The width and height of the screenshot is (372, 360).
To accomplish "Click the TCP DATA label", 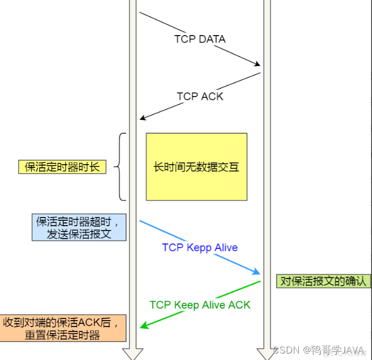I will pos(199,39).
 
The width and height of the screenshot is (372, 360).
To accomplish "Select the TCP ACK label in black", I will pos(199,97).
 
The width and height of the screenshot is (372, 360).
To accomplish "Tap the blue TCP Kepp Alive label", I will pos(199,247).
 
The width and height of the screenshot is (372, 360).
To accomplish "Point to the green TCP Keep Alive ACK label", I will pos(199,305).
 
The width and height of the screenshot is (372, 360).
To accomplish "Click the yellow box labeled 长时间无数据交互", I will pos(196,167).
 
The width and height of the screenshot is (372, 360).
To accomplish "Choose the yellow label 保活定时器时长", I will pos(62,167).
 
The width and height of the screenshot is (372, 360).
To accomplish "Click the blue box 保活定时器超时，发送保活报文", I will pos(79,227).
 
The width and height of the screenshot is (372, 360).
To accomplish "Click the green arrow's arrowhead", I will pos(143,326).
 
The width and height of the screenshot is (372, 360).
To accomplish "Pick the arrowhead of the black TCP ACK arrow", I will pos(142,118).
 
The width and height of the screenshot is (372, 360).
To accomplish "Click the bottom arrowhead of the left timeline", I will pos(133,354).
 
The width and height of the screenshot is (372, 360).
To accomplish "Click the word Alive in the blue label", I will pos(226,247).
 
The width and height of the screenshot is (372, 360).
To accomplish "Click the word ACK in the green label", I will pos(239,305).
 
